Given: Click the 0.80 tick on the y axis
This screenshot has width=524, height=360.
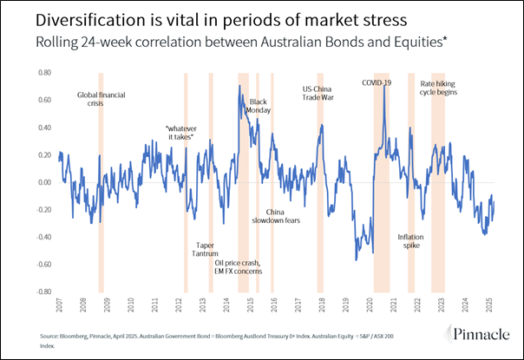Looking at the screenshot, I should pyautogui.click(x=38, y=73).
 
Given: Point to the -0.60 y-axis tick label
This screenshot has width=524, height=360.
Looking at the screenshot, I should pyautogui.click(x=37, y=265).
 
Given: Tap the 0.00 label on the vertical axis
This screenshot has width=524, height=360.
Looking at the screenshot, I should pyautogui.click(x=38, y=183).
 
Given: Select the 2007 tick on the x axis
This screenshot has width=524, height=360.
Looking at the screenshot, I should pyautogui.click(x=60, y=306).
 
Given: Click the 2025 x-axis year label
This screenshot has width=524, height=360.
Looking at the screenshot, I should pyautogui.click(x=489, y=306).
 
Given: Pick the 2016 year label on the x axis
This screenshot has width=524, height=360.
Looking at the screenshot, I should pyautogui.click(x=274, y=306).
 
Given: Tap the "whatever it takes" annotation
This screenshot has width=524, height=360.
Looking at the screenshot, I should pyautogui.click(x=179, y=133).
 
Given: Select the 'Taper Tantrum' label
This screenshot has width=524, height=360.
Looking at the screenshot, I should pyautogui.click(x=206, y=249).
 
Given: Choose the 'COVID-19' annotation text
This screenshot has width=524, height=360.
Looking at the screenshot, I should pyautogui.click(x=377, y=82).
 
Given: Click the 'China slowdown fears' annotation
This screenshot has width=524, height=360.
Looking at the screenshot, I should pyautogui.click(x=276, y=216).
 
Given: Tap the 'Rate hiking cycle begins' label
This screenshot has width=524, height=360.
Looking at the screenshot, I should pyautogui.click(x=439, y=88).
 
